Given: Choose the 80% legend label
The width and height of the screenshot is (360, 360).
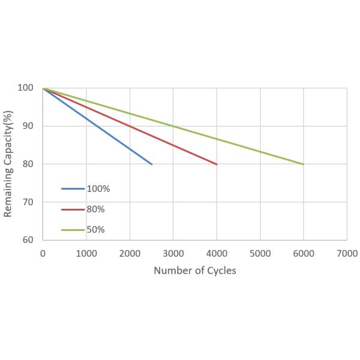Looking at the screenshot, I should coord(96,209).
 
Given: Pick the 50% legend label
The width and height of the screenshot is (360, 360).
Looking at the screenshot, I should coord(96,229).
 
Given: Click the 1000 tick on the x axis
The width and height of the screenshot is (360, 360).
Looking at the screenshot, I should coord(86,253).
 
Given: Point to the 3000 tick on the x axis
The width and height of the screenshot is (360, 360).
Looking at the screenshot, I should coord(173,253).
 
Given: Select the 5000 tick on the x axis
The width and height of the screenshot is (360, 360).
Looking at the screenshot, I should coord(260,253).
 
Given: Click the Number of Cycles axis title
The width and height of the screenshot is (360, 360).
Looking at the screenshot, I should coord(195,270).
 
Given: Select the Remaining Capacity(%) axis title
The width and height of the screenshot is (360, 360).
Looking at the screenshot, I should coord(8,163).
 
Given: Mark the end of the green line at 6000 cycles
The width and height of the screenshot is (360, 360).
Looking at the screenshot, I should coord(304,164).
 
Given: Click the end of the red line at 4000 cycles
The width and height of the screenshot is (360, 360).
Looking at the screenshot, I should coord(217,164).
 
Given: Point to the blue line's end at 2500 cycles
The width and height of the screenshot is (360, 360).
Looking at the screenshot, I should coord(152,164).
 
